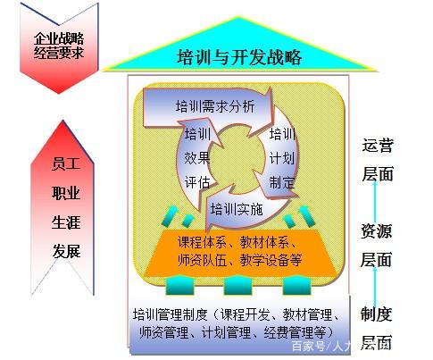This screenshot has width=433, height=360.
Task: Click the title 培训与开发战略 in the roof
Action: pos(239,57)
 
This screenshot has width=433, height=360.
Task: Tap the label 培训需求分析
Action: pos(215,106)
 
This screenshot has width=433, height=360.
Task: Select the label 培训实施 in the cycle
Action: pos(237,209)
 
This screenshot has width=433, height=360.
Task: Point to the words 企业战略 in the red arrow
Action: pos(59,38)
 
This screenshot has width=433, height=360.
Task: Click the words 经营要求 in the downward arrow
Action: pos(59,53)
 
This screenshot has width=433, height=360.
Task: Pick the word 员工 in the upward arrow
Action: pos(66,163)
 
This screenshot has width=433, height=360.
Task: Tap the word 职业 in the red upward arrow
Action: pos(66,193)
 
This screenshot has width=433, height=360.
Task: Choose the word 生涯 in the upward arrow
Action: pos(66,222)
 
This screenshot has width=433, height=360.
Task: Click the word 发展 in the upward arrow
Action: pos(67,251)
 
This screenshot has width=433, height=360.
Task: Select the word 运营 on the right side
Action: pos(378,145)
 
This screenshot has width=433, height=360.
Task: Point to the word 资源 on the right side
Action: pos(376,231)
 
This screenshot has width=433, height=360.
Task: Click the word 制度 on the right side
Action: pos(376,314)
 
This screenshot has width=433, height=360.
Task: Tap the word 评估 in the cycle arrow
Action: pos(197,182)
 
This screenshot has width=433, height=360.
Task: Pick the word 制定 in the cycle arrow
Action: pos(282,182)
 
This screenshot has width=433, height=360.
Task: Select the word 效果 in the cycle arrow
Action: pos(197,158)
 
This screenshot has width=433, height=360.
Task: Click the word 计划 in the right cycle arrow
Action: pos(282,158)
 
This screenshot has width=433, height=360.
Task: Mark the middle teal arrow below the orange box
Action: pos(238,285)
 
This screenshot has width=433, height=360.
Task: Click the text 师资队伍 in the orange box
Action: pos(203,260)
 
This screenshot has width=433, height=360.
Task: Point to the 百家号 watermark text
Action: pos(308,347)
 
